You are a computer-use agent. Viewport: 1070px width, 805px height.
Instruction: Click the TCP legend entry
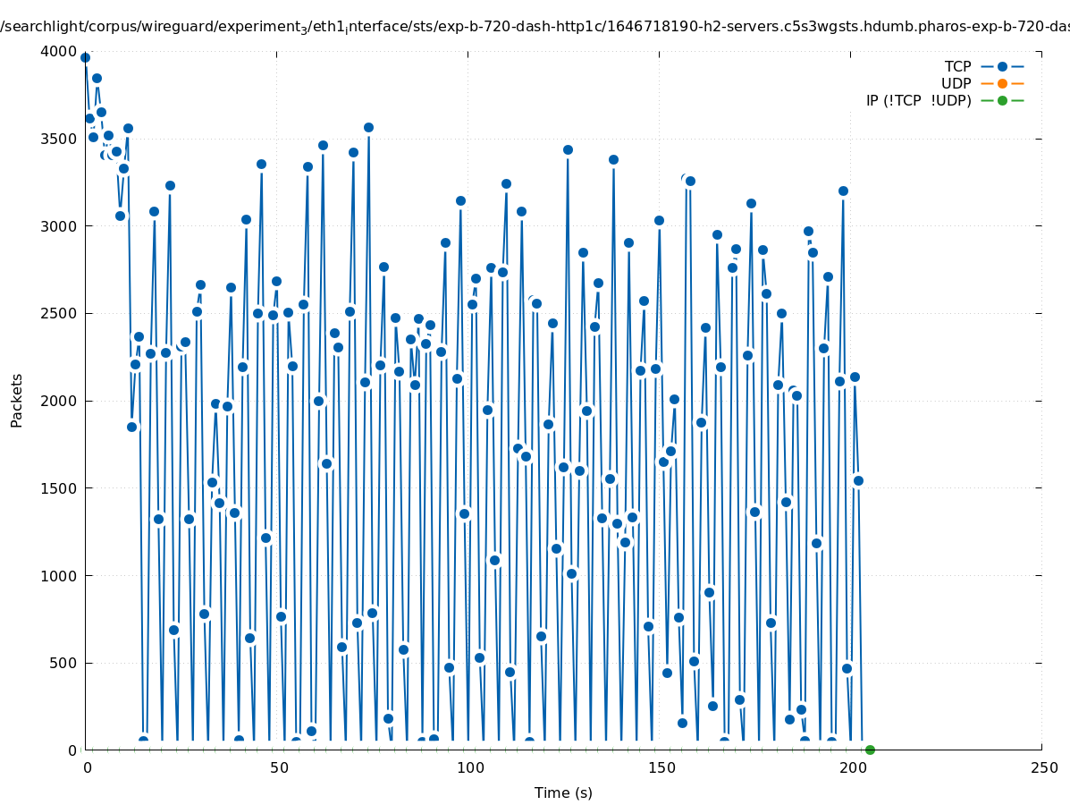pyautogui.click(x=957, y=66)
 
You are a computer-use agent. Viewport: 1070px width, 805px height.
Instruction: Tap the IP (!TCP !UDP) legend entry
pyautogui.click(x=918, y=100)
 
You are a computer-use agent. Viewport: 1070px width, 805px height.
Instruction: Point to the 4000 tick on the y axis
pyautogui.click(x=59, y=52)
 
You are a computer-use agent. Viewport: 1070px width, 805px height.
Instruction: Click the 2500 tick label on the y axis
pyautogui.click(x=59, y=314)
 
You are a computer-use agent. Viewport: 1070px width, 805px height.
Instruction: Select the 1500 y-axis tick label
pyautogui.click(x=59, y=488)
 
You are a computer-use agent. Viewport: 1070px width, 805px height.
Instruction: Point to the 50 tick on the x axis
pyautogui.click(x=279, y=768)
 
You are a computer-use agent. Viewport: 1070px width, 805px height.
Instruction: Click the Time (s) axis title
pyautogui.click(x=563, y=792)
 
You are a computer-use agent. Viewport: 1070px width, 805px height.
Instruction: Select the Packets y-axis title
pyautogui.click(x=17, y=401)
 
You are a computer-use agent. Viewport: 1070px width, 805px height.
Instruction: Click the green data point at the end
pyautogui.click(x=870, y=750)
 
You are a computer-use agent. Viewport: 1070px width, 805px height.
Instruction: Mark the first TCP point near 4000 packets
pyautogui.click(x=86, y=58)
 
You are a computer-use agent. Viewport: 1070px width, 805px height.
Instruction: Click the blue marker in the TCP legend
pyautogui.click(x=1002, y=66)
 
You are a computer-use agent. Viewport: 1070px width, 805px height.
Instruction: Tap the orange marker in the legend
pyautogui.click(x=1002, y=83)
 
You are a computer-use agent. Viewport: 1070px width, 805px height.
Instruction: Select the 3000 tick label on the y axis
pyautogui.click(x=59, y=226)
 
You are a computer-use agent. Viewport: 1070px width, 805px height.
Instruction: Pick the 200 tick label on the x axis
pyautogui.click(x=851, y=768)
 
